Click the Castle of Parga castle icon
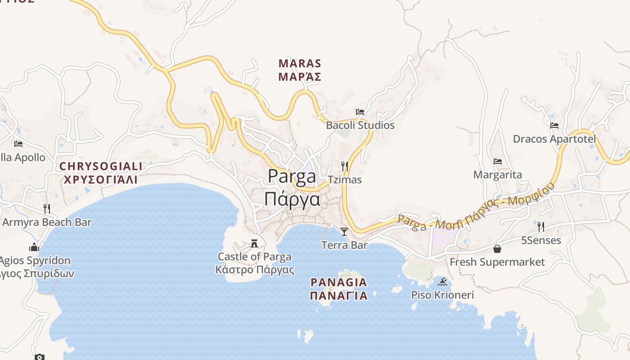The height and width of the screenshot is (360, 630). [x=254, y=244]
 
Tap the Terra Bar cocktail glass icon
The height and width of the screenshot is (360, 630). [x=344, y=232]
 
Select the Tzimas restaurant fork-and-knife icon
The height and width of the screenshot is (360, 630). [x=345, y=166]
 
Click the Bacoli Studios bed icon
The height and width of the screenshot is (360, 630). [x=360, y=112]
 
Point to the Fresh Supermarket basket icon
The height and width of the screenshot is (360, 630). [x=497, y=249]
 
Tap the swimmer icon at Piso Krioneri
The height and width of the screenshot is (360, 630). [x=443, y=282]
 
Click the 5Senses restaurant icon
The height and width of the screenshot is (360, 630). [x=541, y=227]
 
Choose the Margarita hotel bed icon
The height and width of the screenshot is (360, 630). [x=498, y=162]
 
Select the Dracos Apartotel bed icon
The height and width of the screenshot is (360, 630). [x=554, y=126]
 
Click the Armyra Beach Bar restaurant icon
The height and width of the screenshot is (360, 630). [x=47, y=209]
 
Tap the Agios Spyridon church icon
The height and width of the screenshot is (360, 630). [x=34, y=247]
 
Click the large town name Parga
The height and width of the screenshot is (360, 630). [x=292, y=176]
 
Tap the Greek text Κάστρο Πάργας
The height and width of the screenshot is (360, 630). [x=255, y=270]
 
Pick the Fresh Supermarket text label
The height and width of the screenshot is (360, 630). [x=497, y=262]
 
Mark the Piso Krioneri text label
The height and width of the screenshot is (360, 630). [x=442, y=295]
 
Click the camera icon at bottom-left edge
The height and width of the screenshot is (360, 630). [x=40, y=357]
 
